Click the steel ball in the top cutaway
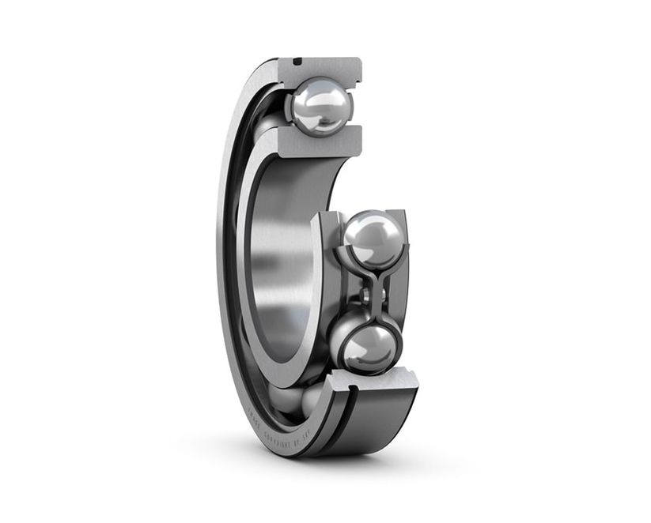click(x=320, y=106)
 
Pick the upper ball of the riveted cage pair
click(x=373, y=238)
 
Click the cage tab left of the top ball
click(x=286, y=106)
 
